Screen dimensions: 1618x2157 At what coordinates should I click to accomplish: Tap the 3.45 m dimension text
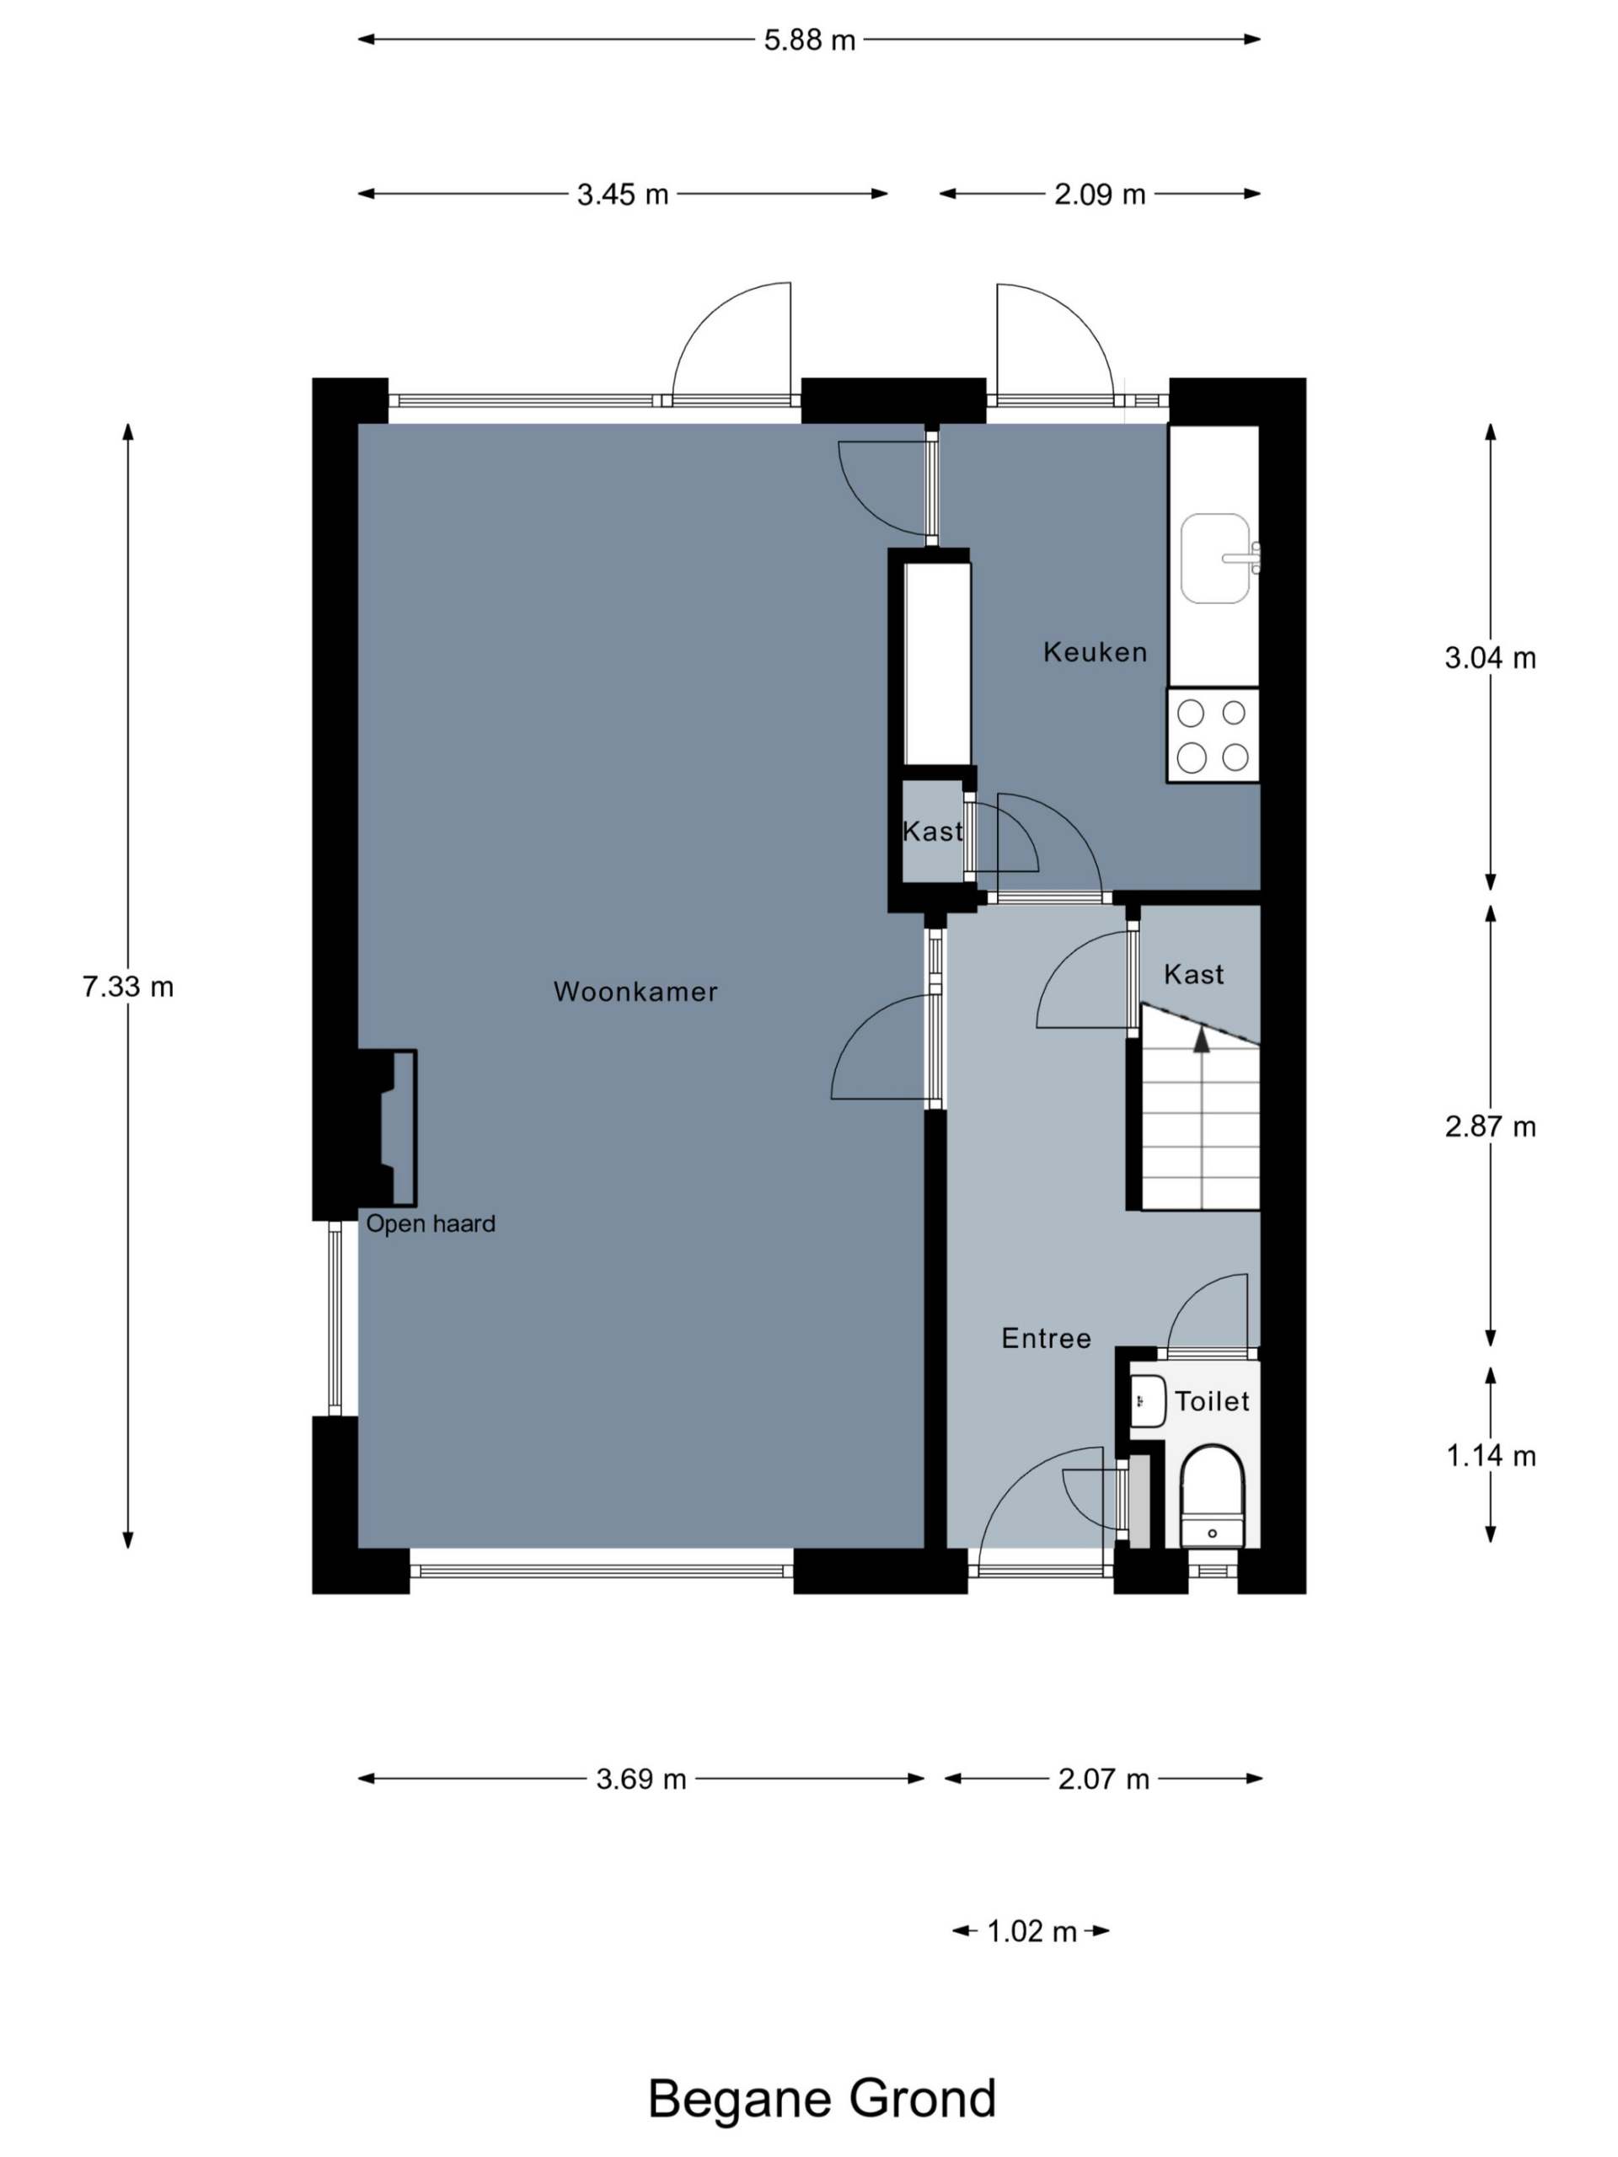(x=622, y=194)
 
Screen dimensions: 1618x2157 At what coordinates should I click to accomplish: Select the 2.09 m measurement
(x=1099, y=194)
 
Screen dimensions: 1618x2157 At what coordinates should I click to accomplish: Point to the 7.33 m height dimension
(x=128, y=987)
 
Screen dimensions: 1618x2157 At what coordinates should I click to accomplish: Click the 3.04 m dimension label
(x=1490, y=658)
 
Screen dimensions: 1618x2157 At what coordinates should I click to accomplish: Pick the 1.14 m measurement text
(x=1490, y=1456)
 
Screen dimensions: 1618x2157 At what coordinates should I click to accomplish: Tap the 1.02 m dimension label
(x=1031, y=1931)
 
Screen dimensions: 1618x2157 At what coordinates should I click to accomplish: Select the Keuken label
(x=1096, y=652)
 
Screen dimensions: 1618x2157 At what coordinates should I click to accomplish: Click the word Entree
(x=1047, y=1338)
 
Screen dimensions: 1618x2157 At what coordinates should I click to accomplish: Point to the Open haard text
(x=430, y=1223)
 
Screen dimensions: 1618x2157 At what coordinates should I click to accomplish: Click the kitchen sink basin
(x=1215, y=558)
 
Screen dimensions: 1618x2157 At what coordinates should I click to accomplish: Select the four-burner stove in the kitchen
(x=1213, y=736)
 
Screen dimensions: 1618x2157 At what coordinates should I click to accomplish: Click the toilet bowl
(x=1213, y=1496)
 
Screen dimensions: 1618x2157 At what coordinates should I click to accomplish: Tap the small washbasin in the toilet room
(x=1148, y=1401)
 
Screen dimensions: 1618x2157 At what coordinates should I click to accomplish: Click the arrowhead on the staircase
(x=1202, y=1040)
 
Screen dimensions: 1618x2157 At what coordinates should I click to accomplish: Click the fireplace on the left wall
(x=387, y=1127)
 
